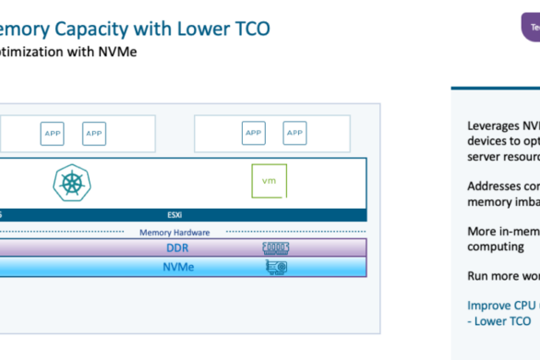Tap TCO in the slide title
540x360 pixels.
point(246,29)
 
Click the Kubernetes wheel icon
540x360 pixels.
point(68,182)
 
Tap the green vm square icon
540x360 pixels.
point(268,180)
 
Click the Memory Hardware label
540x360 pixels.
point(174,233)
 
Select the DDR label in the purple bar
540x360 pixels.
point(177,248)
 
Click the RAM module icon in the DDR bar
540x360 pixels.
point(277,248)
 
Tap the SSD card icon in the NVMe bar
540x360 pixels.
point(277,267)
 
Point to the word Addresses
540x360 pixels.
point(492,185)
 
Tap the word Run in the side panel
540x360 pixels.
point(479,275)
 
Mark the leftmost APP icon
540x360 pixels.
point(54,132)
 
